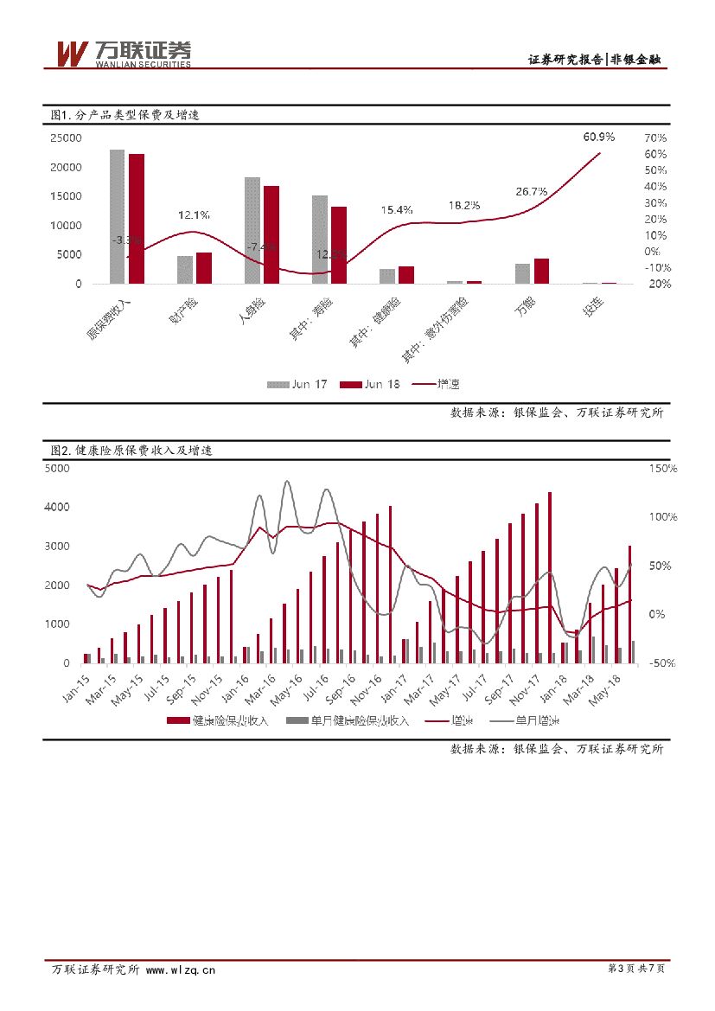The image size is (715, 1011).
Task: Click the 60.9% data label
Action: (598, 137)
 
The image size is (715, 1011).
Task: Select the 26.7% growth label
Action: (531, 191)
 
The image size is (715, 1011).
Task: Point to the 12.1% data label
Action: (194, 214)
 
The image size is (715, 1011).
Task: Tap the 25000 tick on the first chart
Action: (66, 138)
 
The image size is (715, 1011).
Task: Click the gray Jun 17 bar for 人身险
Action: (252, 230)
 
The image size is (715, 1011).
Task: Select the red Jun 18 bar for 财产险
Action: (204, 267)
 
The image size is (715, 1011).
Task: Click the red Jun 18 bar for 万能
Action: (541, 270)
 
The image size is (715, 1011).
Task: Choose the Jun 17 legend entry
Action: (297, 384)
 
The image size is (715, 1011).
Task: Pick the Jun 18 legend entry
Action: (370, 384)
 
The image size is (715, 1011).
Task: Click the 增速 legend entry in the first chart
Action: (442, 384)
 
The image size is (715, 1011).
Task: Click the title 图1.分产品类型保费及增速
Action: (125, 114)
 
